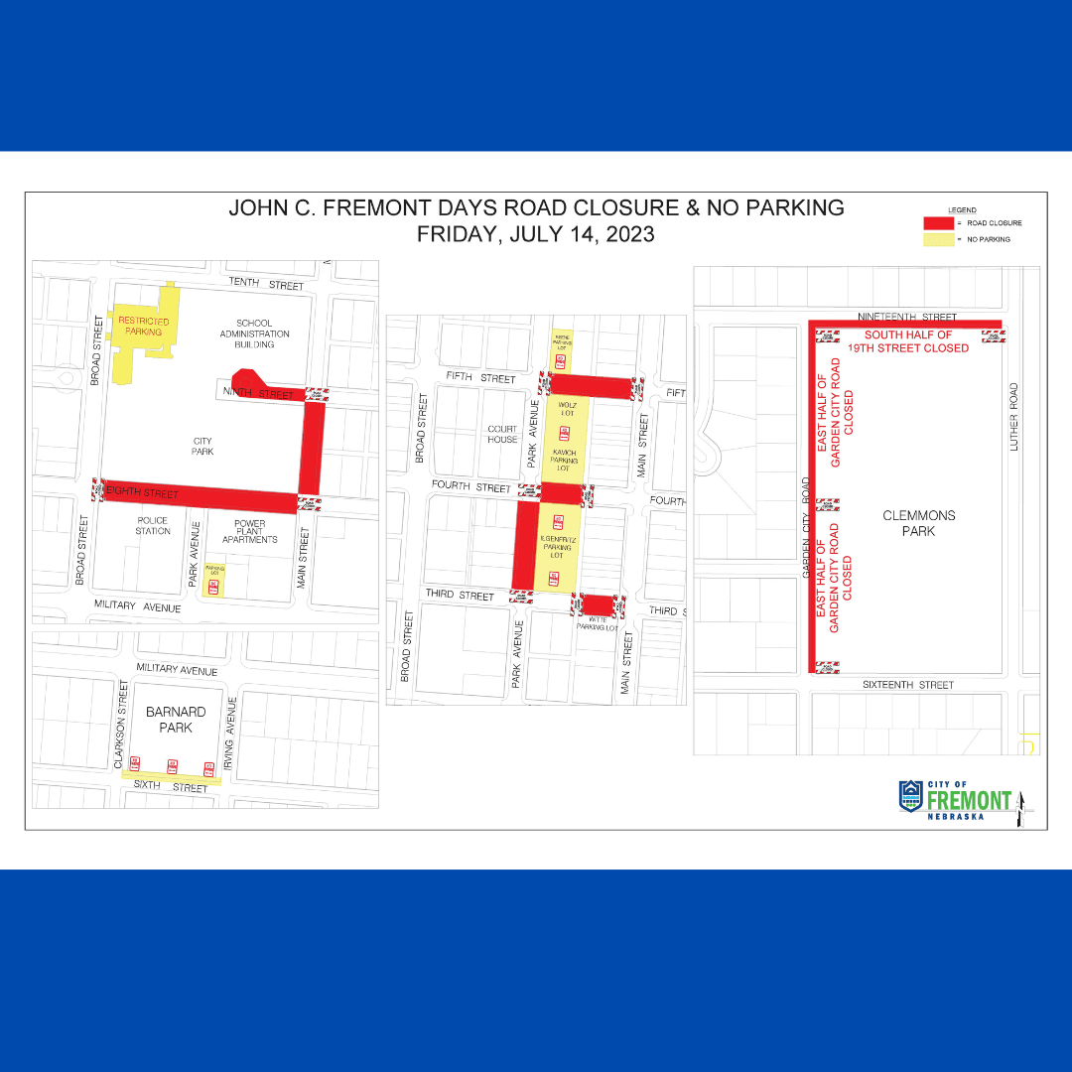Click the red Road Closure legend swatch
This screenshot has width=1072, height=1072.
click(938, 223)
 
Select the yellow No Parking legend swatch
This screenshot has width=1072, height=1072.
click(938, 239)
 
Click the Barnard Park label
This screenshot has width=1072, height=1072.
click(176, 720)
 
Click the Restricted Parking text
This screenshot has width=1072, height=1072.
click(144, 327)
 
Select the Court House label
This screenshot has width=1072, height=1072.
click(502, 435)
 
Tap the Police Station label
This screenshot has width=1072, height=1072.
click(153, 526)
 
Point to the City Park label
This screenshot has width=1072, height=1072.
click(201, 446)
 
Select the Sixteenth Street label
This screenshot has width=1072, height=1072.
click(909, 685)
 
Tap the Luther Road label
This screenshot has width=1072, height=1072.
click(1014, 418)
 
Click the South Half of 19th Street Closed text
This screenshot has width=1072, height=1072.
click(908, 341)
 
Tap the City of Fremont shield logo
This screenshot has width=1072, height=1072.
click(910, 795)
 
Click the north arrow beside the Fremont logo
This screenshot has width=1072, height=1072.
click(1022, 809)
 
